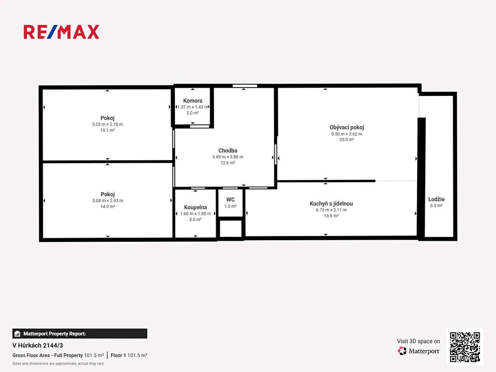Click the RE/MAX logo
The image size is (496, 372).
(62, 32)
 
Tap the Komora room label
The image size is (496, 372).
(193, 101)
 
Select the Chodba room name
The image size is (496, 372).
(228, 151)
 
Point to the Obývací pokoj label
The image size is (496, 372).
(347, 127)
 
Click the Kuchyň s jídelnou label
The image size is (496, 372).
(331, 204)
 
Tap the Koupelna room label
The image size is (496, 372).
(196, 207)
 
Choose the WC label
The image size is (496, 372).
(231, 200)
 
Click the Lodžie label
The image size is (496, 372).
(436, 199)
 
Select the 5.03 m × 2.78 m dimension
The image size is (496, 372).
(108, 124)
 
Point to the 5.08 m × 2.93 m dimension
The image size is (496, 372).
(108, 201)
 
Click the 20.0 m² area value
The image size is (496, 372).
(347, 139)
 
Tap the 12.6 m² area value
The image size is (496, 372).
(228, 163)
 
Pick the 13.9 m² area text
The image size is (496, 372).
(331, 216)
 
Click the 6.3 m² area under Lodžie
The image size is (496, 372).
(436, 205)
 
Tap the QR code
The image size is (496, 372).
(465, 347)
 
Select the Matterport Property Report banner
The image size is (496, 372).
(80, 334)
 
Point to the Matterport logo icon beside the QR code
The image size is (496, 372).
(402, 351)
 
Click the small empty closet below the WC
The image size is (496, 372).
(231, 229)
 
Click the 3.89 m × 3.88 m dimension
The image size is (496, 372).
(228, 157)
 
